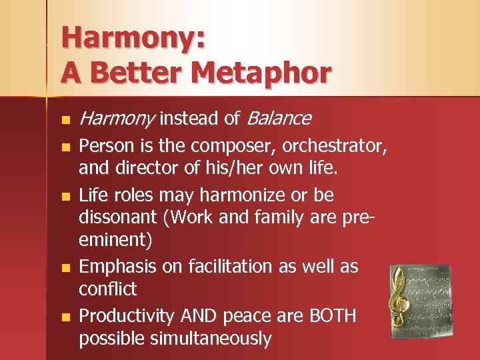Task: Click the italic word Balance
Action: click(279, 119)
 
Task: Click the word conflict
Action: click(107, 289)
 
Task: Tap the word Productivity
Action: click(127, 316)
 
